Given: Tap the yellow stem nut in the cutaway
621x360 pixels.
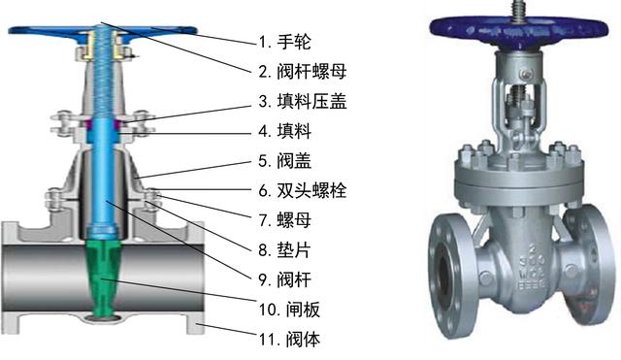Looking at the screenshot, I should coord(101,45).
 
